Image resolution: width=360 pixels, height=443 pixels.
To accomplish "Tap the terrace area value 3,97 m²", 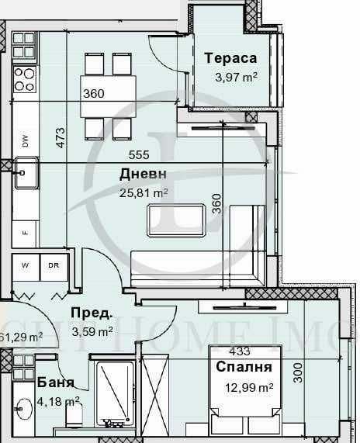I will [236, 76].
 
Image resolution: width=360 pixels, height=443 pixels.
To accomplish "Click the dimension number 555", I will [140, 155].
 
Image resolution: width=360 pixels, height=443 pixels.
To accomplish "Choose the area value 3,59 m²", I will [93, 331].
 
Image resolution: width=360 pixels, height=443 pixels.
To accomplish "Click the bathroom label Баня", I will [55, 383].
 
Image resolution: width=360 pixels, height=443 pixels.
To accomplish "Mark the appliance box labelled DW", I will [25, 140].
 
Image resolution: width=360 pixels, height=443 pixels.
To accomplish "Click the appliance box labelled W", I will [25, 266].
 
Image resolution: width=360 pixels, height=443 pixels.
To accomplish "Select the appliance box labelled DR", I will [53, 266].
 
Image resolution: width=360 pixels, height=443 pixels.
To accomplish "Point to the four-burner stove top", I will [24, 78].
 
